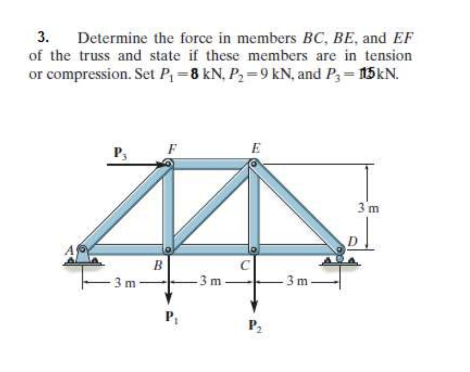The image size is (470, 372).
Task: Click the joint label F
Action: (x=170, y=148)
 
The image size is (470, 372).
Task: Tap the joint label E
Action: (x=256, y=148)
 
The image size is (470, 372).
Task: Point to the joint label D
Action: (x=352, y=239)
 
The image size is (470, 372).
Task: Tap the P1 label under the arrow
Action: (x=169, y=317)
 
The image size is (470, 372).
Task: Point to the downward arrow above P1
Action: (x=169, y=283)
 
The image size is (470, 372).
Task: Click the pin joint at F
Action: (x=168, y=164)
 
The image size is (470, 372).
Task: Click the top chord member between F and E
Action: (x=211, y=164)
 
